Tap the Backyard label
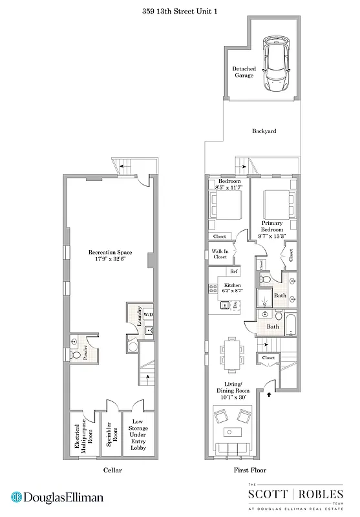click(264, 131)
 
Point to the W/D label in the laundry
click(148, 315)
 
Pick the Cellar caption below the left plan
click(112, 470)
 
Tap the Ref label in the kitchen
click(235, 272)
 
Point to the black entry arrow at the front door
click(269, 390)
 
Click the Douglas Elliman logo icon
click(16, 498)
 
